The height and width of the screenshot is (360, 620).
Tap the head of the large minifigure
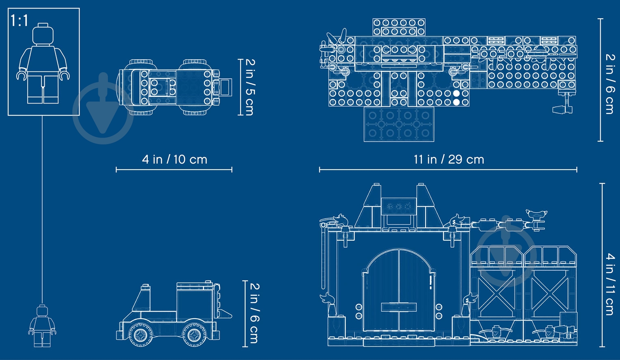[x=43, y=34]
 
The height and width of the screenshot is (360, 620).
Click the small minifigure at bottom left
[x=42, y=326]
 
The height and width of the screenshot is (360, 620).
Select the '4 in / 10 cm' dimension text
[x=174, y=160]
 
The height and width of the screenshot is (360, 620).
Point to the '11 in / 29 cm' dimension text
[x=449, y=160]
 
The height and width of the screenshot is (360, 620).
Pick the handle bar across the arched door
[x=399, y=307]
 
